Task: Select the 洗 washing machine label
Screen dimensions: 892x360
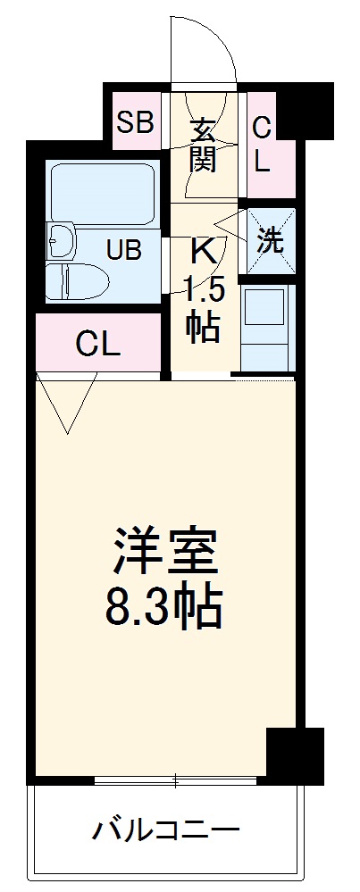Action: click(x=271, y=239)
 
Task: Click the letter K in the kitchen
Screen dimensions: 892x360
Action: click(x=203, y=251)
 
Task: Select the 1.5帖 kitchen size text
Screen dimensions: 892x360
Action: click(x=203, y=308)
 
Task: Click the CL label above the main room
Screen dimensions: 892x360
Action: click(x=97, y=345)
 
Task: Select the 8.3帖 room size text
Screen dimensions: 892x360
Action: click(x=165, y=607)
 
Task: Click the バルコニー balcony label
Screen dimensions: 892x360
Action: click(x=166, y=832)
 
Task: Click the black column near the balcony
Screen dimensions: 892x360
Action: click(x=295, y=754)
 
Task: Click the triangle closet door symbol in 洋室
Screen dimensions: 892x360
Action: click(x=67, y=402)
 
